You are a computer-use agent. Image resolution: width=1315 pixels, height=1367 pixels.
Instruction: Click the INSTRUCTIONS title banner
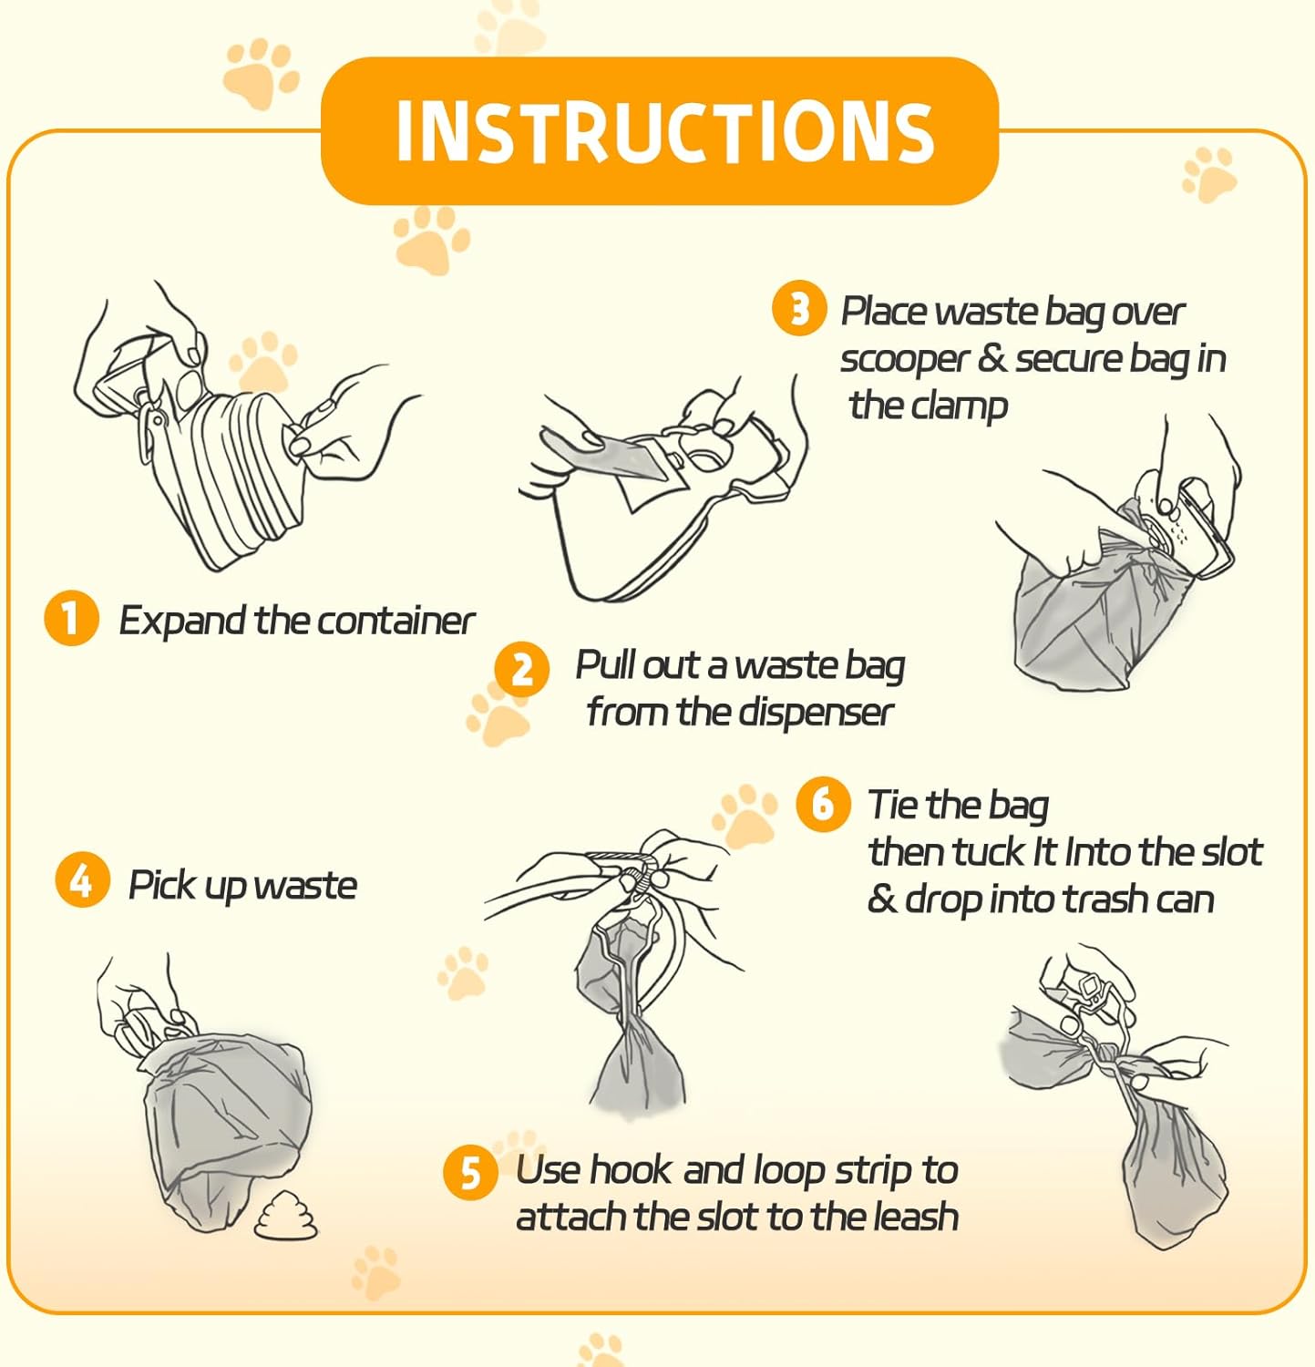coord(660,130)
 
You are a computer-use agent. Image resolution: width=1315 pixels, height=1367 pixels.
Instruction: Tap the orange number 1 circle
coord(70,619)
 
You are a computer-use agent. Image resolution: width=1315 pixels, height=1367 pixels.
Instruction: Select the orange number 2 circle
coord(521,670)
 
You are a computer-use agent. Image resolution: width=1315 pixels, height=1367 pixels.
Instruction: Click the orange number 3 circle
coord(799,308)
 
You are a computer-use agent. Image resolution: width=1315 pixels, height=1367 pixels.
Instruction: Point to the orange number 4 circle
coord(82,880)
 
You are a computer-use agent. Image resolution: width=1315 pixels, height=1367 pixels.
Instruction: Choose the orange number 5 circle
coord(470,1172)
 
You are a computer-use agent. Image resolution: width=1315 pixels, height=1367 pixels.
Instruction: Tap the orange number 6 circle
coord(823,804)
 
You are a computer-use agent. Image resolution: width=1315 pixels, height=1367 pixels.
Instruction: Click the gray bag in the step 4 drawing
coord(224,1128)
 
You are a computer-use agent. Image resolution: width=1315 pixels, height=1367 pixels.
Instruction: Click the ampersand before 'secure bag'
coord(991,357)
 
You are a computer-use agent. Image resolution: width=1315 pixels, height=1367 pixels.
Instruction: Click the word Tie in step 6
coord(893,804)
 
